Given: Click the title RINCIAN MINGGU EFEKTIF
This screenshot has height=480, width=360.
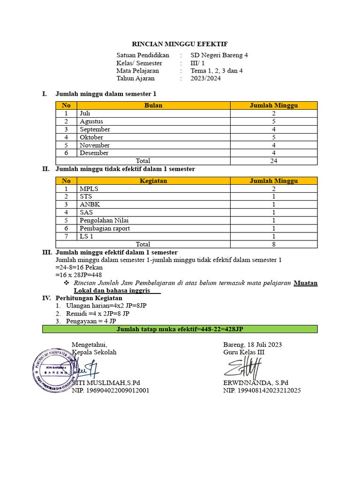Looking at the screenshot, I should [180, 44].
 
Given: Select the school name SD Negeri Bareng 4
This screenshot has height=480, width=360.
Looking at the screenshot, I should [219, 55].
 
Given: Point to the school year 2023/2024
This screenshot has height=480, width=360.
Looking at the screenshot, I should [205, 78].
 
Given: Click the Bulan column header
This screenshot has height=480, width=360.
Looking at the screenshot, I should [153, 105].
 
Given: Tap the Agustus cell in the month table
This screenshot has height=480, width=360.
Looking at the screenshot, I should [91, 121].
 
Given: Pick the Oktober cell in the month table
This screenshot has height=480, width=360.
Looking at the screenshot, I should [91, 137].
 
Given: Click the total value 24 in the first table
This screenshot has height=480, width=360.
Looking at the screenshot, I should [274, 161].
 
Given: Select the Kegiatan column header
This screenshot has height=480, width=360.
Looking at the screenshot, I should [153, 180].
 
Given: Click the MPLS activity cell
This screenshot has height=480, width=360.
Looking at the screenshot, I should [89, 188].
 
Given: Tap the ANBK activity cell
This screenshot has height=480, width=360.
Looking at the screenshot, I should [90, 204].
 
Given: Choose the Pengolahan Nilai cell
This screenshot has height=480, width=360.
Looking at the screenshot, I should [104, 220].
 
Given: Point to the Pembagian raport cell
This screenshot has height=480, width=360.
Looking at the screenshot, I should [105, 228].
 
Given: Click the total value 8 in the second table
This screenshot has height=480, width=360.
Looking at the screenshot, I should [274, 244].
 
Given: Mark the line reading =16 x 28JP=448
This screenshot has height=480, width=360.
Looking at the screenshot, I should [79, 275].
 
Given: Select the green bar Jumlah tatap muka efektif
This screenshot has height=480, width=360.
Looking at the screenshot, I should [180, 329].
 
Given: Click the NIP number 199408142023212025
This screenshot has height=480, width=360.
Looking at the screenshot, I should [262, 390].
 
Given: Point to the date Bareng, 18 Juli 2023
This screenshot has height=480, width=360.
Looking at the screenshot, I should [253, 345].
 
